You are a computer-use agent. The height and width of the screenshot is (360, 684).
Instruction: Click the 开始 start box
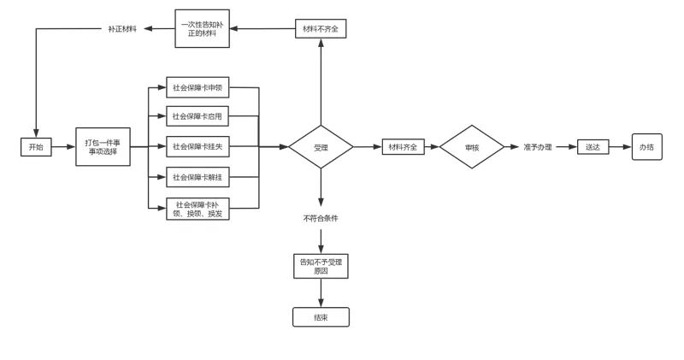click(x=36, y=147)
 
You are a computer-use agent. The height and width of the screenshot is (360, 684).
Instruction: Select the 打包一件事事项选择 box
click(x=103, y=146)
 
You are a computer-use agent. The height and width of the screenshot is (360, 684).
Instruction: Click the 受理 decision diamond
click(x=321, y=147)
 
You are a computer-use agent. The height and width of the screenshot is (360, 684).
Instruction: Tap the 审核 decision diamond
click(x=471, y=147)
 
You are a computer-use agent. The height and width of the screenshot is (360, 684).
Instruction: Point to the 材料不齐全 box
click(x=321, y=29)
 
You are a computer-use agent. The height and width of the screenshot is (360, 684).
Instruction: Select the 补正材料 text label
click(x=122, y=29)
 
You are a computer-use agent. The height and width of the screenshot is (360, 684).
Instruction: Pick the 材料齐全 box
click(x=402, y=147)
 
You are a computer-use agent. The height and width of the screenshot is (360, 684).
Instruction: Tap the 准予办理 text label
click(x=538, y=147)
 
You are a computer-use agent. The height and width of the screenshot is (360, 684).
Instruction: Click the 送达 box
click(x=592, y=147)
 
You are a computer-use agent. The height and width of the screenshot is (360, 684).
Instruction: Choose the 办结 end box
click(x=646, y=147)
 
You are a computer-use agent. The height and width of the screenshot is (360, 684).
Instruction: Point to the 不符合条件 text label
click(x=321, y=218)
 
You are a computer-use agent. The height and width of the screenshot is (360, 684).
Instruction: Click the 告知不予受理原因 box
click(x=321, y=266)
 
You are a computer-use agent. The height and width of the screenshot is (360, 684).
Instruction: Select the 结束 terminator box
click(x=321, y=316)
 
